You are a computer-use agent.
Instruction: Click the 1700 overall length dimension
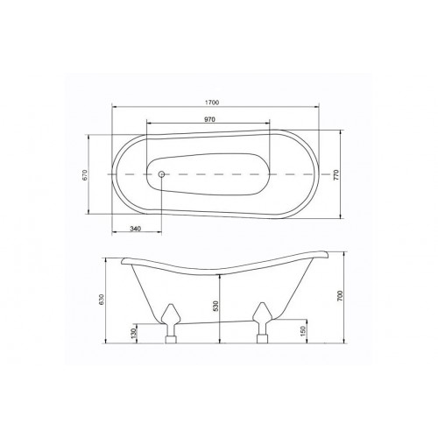pos(212,102)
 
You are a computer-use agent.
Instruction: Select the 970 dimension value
pos(209,119)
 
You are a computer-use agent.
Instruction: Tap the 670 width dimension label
pos(84,175)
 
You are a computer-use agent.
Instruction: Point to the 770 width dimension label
pos(336,174)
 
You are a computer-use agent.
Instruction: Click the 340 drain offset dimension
pos(136,228)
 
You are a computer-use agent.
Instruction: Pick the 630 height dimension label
pos(101,300)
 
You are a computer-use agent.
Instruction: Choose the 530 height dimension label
pos(215,306)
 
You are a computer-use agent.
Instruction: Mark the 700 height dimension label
pos(341,296)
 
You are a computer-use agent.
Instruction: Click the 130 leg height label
pos(134,333)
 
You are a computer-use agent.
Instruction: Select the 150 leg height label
pos(303,330)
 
